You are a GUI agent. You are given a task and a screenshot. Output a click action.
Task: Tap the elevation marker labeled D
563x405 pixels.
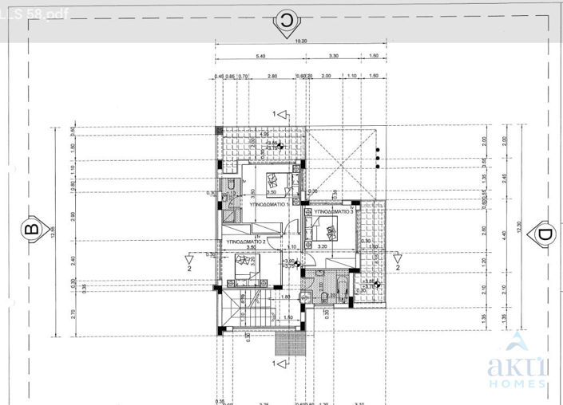point(544,234)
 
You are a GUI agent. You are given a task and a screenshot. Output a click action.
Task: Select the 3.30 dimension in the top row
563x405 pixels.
point(335,57)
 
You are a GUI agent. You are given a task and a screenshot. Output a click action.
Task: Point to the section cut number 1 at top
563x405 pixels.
point(274,115)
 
